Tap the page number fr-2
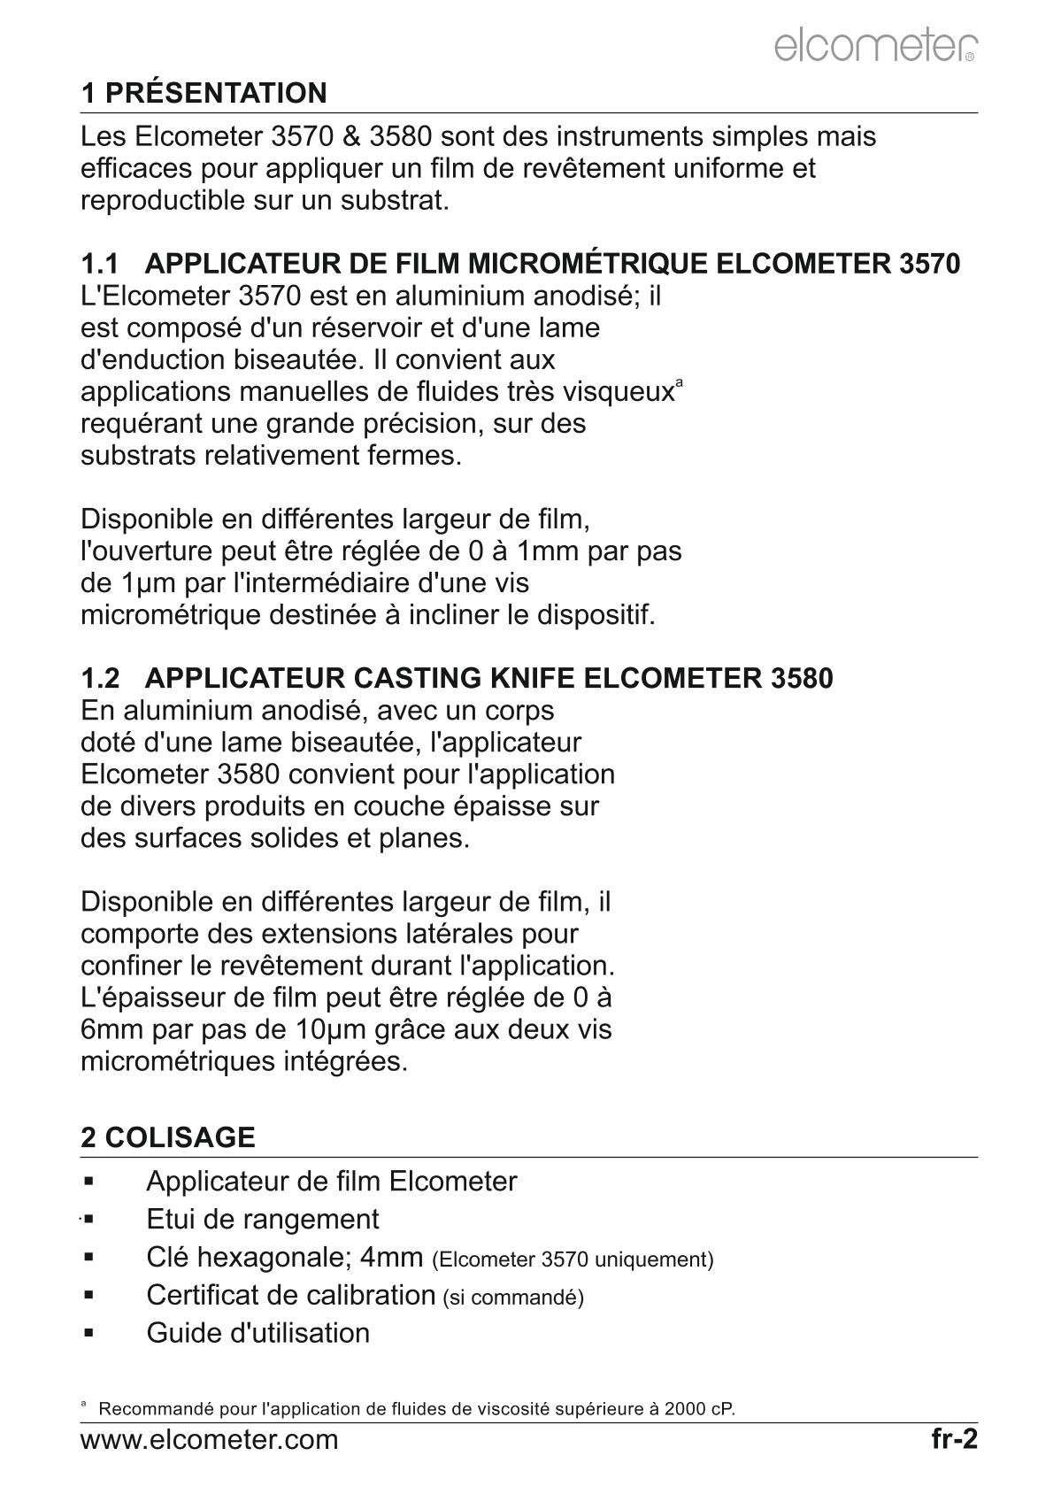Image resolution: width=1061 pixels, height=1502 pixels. [x=954, y=1439]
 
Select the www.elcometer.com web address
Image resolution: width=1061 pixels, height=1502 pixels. [x=209, y=1440]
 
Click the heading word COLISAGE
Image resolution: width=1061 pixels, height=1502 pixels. [x=181, y=1137]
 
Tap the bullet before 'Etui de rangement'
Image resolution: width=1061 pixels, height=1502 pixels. [x=89, y=1219]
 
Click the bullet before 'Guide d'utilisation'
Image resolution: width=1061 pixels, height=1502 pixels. [x=89, y=1332]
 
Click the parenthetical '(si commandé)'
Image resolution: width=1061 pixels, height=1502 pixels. [x=513, y=1298]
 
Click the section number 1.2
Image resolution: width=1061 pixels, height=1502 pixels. [x=99, y=679]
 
